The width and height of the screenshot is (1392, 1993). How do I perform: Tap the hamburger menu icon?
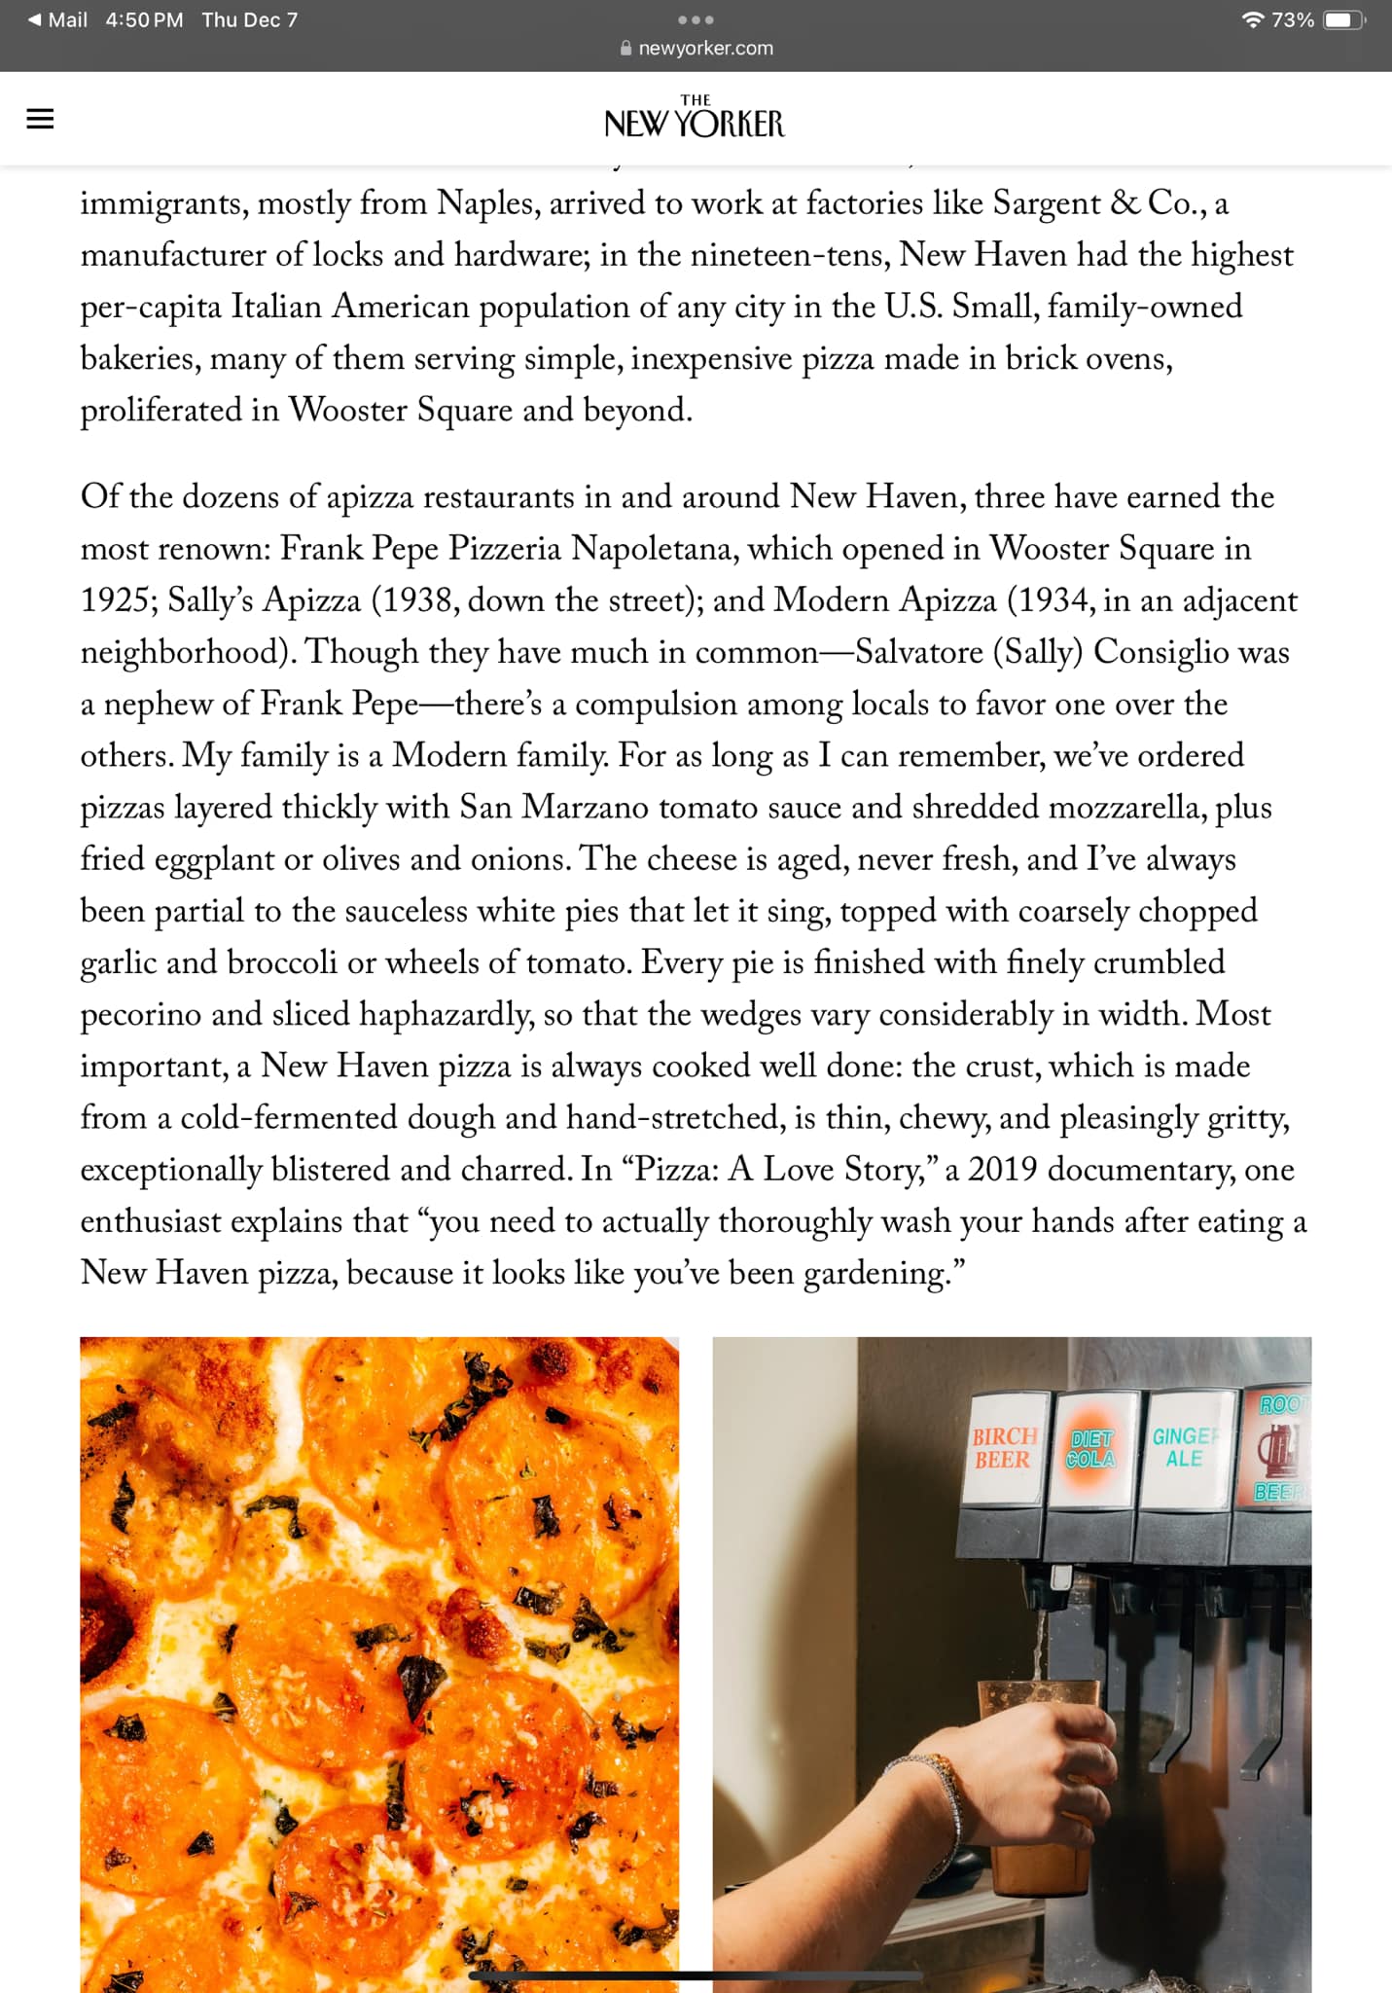(x=40, y=119)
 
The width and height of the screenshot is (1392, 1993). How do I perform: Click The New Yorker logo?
(x=695, y=118)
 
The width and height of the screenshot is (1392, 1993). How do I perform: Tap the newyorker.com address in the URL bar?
(x=705, y=49)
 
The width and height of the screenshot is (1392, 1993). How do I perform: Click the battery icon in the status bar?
(x=1343, y=20)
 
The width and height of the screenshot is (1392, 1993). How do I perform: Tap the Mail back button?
(x=57, y=20)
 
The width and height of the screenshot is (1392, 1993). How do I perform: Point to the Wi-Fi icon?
(x=1253, y=20)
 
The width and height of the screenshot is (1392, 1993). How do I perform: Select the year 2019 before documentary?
(x=1002, y=1170)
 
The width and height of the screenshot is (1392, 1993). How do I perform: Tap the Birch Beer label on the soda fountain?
(x=1003, y=1448)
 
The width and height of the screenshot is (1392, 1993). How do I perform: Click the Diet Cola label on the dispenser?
(x=1090, y=1449)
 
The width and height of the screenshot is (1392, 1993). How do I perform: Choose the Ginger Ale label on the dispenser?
(x=1184, y=1447)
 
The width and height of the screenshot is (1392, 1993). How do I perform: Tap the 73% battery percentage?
(x=1293, y=20)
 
